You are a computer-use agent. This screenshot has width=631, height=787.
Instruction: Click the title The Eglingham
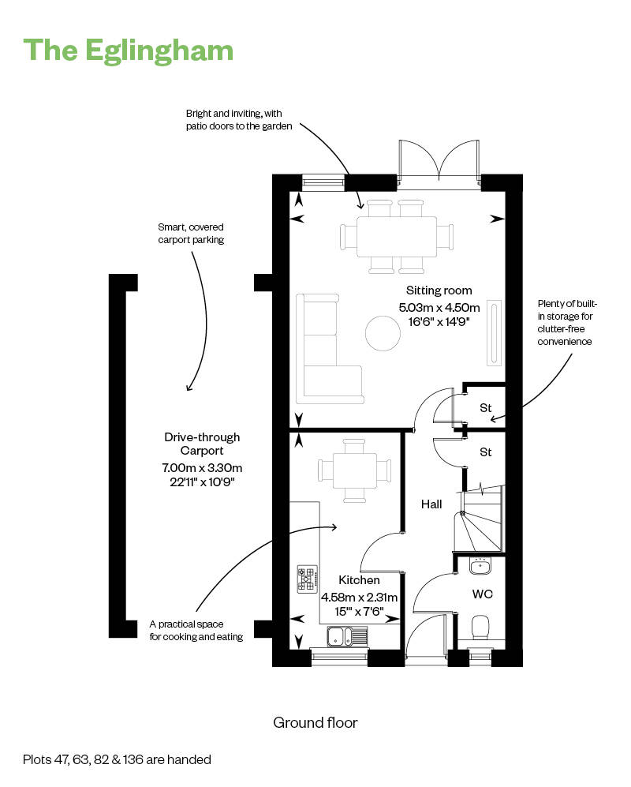129,51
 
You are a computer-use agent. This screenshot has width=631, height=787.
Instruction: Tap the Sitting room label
439,290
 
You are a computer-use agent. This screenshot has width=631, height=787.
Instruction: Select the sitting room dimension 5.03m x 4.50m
439,307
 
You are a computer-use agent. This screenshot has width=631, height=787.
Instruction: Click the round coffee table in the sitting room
383,333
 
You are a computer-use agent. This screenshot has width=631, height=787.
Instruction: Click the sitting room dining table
396,236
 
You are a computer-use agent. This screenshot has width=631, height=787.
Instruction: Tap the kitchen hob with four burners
308,579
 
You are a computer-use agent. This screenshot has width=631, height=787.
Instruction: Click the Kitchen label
359,579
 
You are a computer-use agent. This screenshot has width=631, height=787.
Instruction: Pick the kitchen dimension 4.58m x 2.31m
359,598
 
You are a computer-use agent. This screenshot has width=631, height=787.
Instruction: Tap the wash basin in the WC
480,566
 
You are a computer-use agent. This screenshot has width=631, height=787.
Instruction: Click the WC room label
483,594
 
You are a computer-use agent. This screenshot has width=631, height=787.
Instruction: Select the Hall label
431,504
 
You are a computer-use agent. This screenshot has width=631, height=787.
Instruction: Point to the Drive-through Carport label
202,444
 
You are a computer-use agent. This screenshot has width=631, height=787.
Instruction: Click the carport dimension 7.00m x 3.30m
202,468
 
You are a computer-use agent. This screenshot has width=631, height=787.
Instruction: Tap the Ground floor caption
315,723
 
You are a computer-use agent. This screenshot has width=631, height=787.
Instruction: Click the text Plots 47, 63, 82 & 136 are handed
117,759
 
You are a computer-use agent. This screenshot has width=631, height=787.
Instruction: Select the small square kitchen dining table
354,470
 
